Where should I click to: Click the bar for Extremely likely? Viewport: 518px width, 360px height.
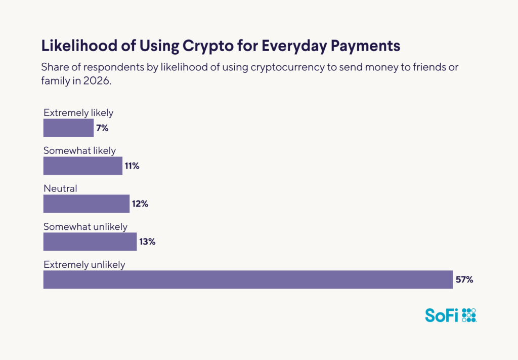68,128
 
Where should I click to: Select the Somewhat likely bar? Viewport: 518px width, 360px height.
83,166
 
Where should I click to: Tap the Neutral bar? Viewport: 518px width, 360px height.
87,204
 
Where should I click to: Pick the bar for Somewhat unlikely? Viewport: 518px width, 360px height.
90,242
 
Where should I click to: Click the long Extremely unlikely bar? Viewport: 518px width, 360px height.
248,279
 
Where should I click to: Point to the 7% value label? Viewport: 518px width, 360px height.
103,128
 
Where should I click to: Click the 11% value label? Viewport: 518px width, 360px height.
133,166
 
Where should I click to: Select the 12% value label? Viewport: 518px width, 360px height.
140,204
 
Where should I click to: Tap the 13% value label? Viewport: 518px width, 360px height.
147,242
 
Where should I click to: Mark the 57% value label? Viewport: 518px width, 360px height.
464,279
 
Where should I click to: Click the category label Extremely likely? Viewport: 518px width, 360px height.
78,113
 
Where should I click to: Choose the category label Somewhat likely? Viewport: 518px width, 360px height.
79,151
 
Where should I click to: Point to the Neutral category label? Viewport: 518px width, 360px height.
60,189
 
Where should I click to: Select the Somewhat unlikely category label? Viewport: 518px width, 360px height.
85,227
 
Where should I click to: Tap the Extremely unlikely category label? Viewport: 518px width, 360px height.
84,265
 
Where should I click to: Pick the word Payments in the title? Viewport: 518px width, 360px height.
365,46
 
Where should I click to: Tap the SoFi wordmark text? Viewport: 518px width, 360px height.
442,315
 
